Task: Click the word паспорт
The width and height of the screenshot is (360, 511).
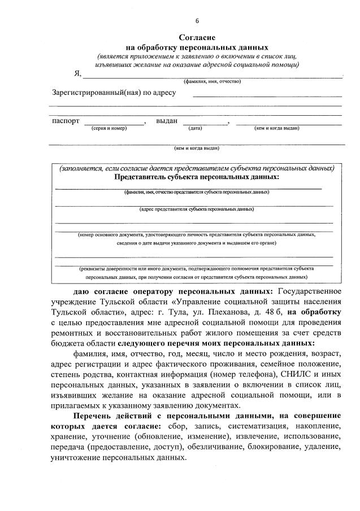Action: pyautogui.click(x=66, y=121)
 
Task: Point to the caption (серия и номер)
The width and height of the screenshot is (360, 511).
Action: pyautogui.click(x=109, y=128)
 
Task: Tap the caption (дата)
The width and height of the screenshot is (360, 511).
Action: pyautogui.click(x=195, y=128)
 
